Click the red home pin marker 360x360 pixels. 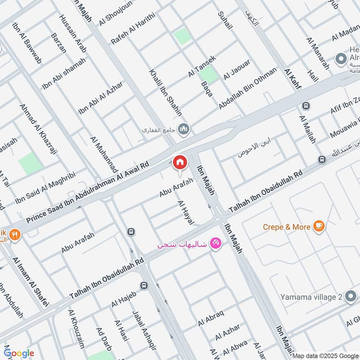pos(180,162)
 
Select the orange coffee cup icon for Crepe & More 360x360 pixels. pos(319,226)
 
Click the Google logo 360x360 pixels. pos(19,353)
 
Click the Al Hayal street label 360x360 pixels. pos(185,212)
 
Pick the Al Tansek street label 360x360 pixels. pos(202,66)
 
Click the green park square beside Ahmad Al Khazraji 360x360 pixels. pos(30,163)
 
